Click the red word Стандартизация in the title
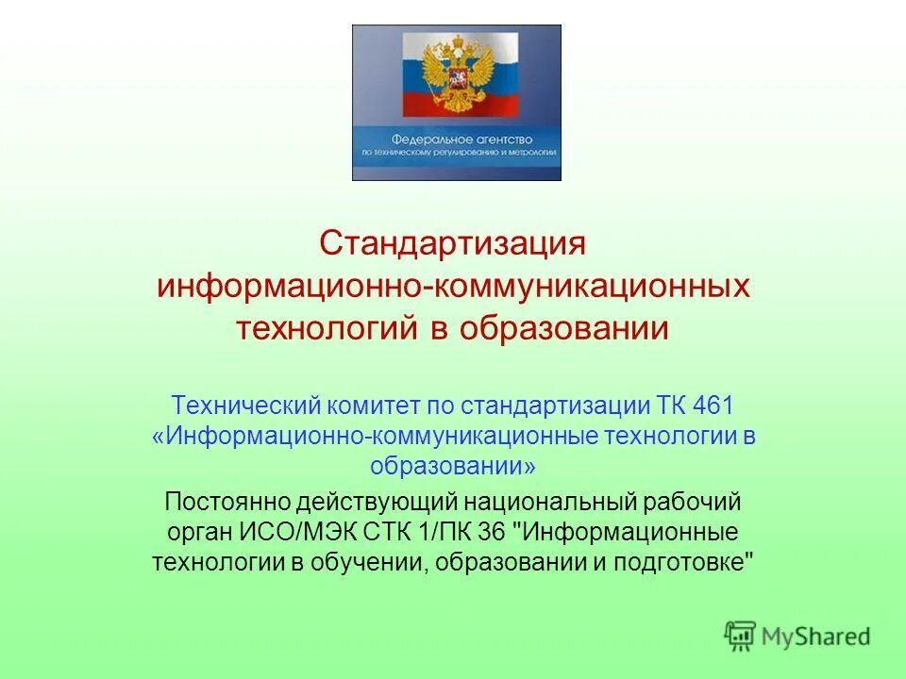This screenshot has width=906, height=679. pos(453,242)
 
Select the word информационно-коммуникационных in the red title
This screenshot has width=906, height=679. pos(453,286)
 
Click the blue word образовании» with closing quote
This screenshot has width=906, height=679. pos(453,466)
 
